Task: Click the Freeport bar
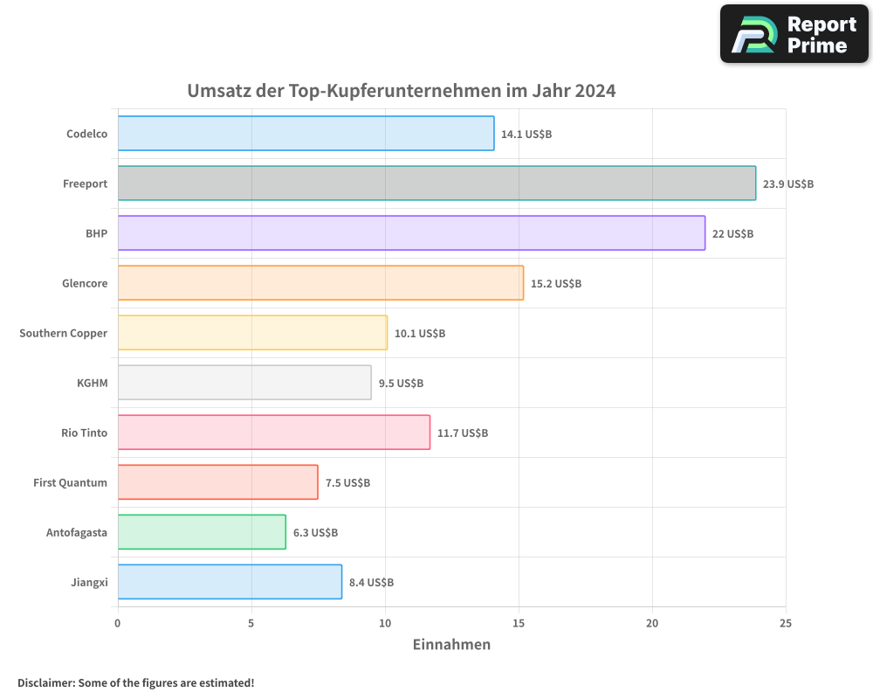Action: pyautogui.click(x=436, y=183)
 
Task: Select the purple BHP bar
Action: pyautogui.click(x=411, y=233)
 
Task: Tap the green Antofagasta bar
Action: pyautogui.click(x=202, y=532)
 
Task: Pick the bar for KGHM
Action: pyautogui.click(x=244, y=383)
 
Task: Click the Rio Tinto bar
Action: pyautogui.click(x=274, y=433)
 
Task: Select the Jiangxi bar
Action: pyautogui.click(x=230, y=582)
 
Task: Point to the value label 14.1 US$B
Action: pyautogui.click(x=526, y=135)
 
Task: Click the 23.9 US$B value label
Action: pyautogui.click(x=788, y=184)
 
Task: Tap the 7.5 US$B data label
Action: pyautogui.click(x=347, y=483)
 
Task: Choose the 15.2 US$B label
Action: pyautogui.click(x=556, y=284)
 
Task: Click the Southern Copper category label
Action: pyautogui.click(x=64, y=334)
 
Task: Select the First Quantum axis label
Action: pyautogui.click(x=71, y=483)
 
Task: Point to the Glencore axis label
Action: pyautogui.click(x=85, y=284)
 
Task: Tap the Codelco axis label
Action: pyautogui.click(x=87, y=135)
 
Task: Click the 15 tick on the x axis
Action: pyautogui.click(x=519, y=623)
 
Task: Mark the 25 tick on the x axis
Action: pyautogui.click(x=786, y=623)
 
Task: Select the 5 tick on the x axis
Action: pyautogui.click(x=251, y=623)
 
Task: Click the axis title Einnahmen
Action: pyautogui.click(x=451, y=645)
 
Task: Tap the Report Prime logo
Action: pyautogui.click(x=794, y=34)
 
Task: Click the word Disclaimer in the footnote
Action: pyautogui.click(x=45, y=682)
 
